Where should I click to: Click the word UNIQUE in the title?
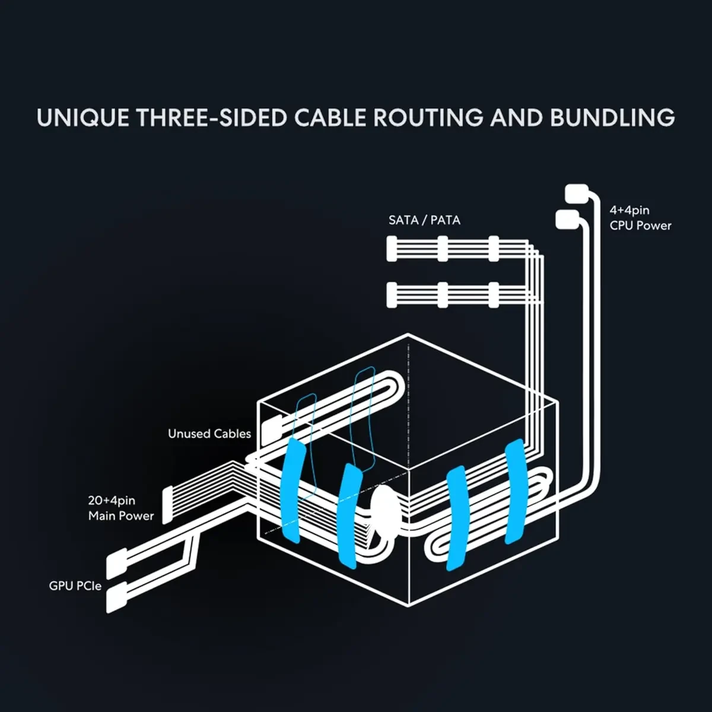82,117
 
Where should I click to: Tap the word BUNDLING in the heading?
612,117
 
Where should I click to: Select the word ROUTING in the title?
428,117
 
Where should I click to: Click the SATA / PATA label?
424,220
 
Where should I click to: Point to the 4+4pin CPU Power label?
640,218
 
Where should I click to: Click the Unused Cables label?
209,434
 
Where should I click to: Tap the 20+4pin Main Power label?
121,508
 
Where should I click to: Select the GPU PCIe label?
75,586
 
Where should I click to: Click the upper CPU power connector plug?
576,193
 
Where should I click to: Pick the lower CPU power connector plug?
567,219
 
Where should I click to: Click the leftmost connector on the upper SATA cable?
392,249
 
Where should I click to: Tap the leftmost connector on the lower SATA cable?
392,295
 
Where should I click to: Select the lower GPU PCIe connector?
116,597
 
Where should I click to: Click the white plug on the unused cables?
274,429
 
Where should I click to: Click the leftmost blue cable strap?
292,490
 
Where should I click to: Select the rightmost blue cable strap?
514,491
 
